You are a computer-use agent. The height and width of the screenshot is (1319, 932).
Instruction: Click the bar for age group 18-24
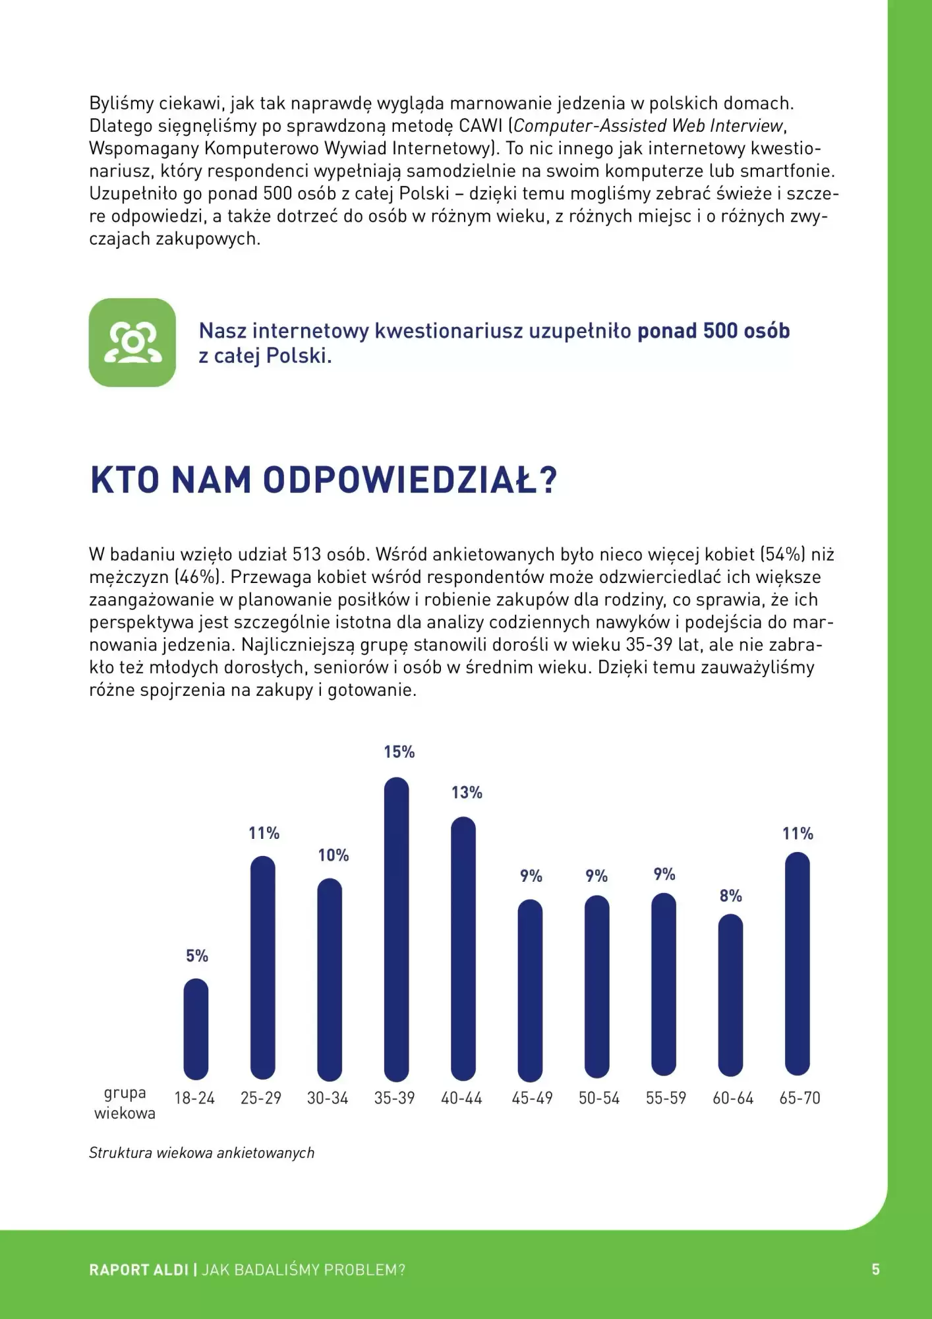coord(196,1029)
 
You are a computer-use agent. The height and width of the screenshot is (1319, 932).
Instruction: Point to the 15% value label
coord(399,752)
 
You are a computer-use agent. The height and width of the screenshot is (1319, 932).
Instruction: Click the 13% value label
coord(467,793)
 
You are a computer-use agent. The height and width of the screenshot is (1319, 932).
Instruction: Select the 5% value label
coord(196,956)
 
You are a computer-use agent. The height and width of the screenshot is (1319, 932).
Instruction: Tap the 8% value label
coord(730,896)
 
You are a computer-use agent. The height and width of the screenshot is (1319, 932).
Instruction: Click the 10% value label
coord(334,855)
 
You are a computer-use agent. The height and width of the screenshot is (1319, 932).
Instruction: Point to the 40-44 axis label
coord(461,1098)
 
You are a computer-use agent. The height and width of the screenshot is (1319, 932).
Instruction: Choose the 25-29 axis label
coord(261,1098)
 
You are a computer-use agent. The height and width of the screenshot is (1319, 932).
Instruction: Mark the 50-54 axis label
coord(599,1098)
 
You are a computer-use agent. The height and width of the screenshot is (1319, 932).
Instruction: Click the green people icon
coord(132,342)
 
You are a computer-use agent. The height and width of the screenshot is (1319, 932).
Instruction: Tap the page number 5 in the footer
coord(875,1270)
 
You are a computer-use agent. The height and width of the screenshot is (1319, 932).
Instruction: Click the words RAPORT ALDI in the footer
coord(138,1270)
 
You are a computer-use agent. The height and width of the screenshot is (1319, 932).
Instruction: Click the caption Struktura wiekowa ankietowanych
coord(202,1153)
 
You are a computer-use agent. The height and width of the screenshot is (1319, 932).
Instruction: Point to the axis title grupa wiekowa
coord(125,1103)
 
